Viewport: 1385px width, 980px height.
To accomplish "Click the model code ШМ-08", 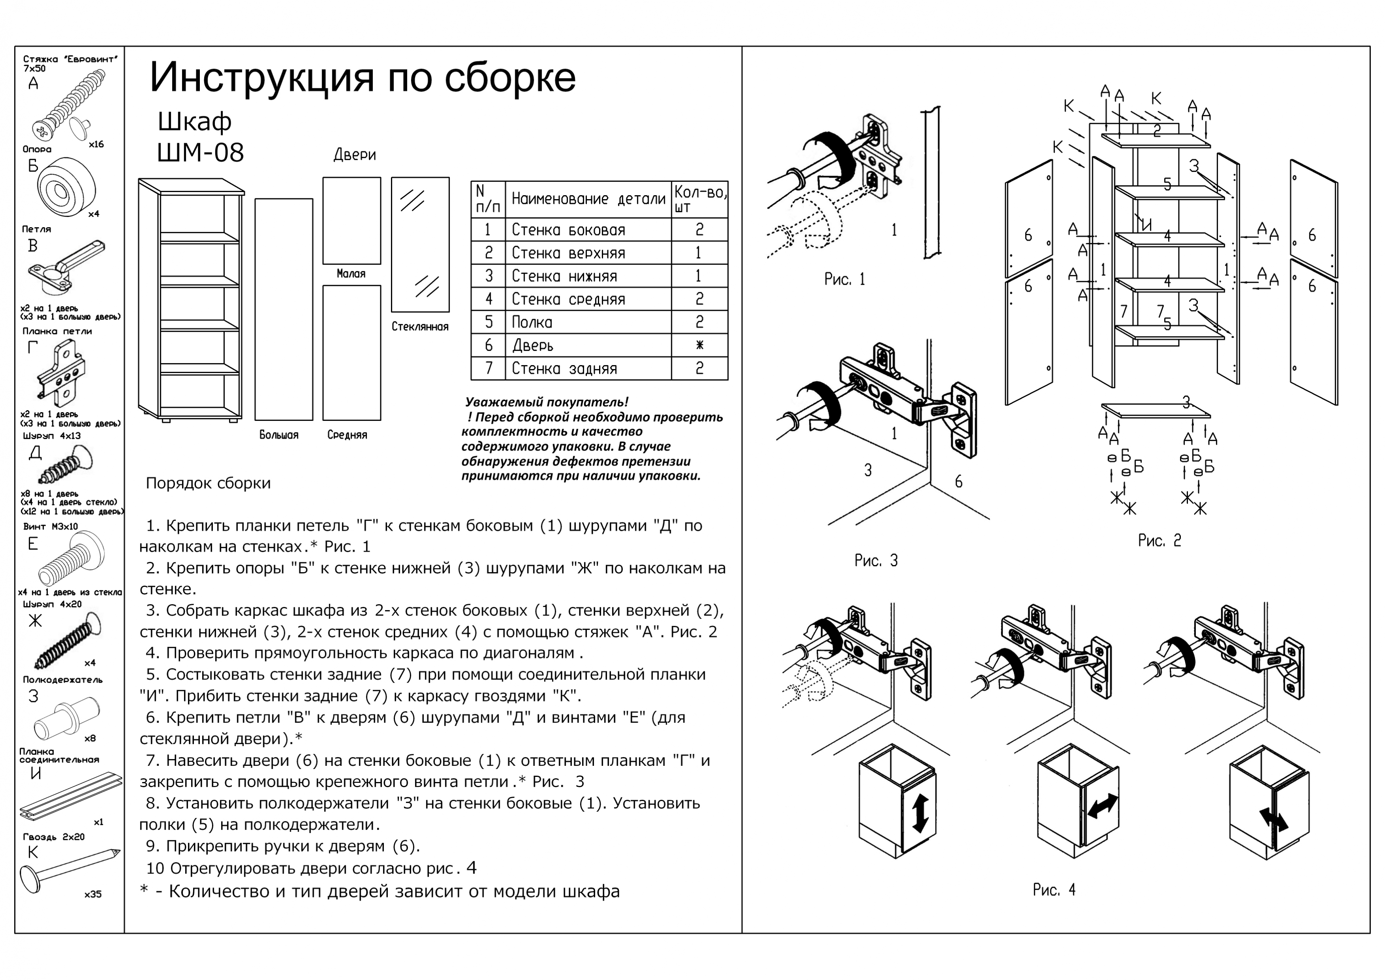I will pyautogui.click(x=200, y=153).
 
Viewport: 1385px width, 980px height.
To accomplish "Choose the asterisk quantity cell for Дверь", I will pyautogui.click(x=699, y=345).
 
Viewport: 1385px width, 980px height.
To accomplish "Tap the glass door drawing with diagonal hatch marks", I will pyautogui.click(x=420, y=244).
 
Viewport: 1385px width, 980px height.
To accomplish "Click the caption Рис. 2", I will pyautogui.click(x=1159, y=541).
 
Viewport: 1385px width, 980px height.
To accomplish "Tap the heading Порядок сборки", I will pyautogui.click(x=208, y=483).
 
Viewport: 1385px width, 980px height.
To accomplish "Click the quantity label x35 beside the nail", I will pyautogui.click(x=93, y=894).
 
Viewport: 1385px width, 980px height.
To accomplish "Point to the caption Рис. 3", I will pyautogui.click(x=876, y=561).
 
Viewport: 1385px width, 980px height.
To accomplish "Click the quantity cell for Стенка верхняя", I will pyautogui.click(x=699, y=253).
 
